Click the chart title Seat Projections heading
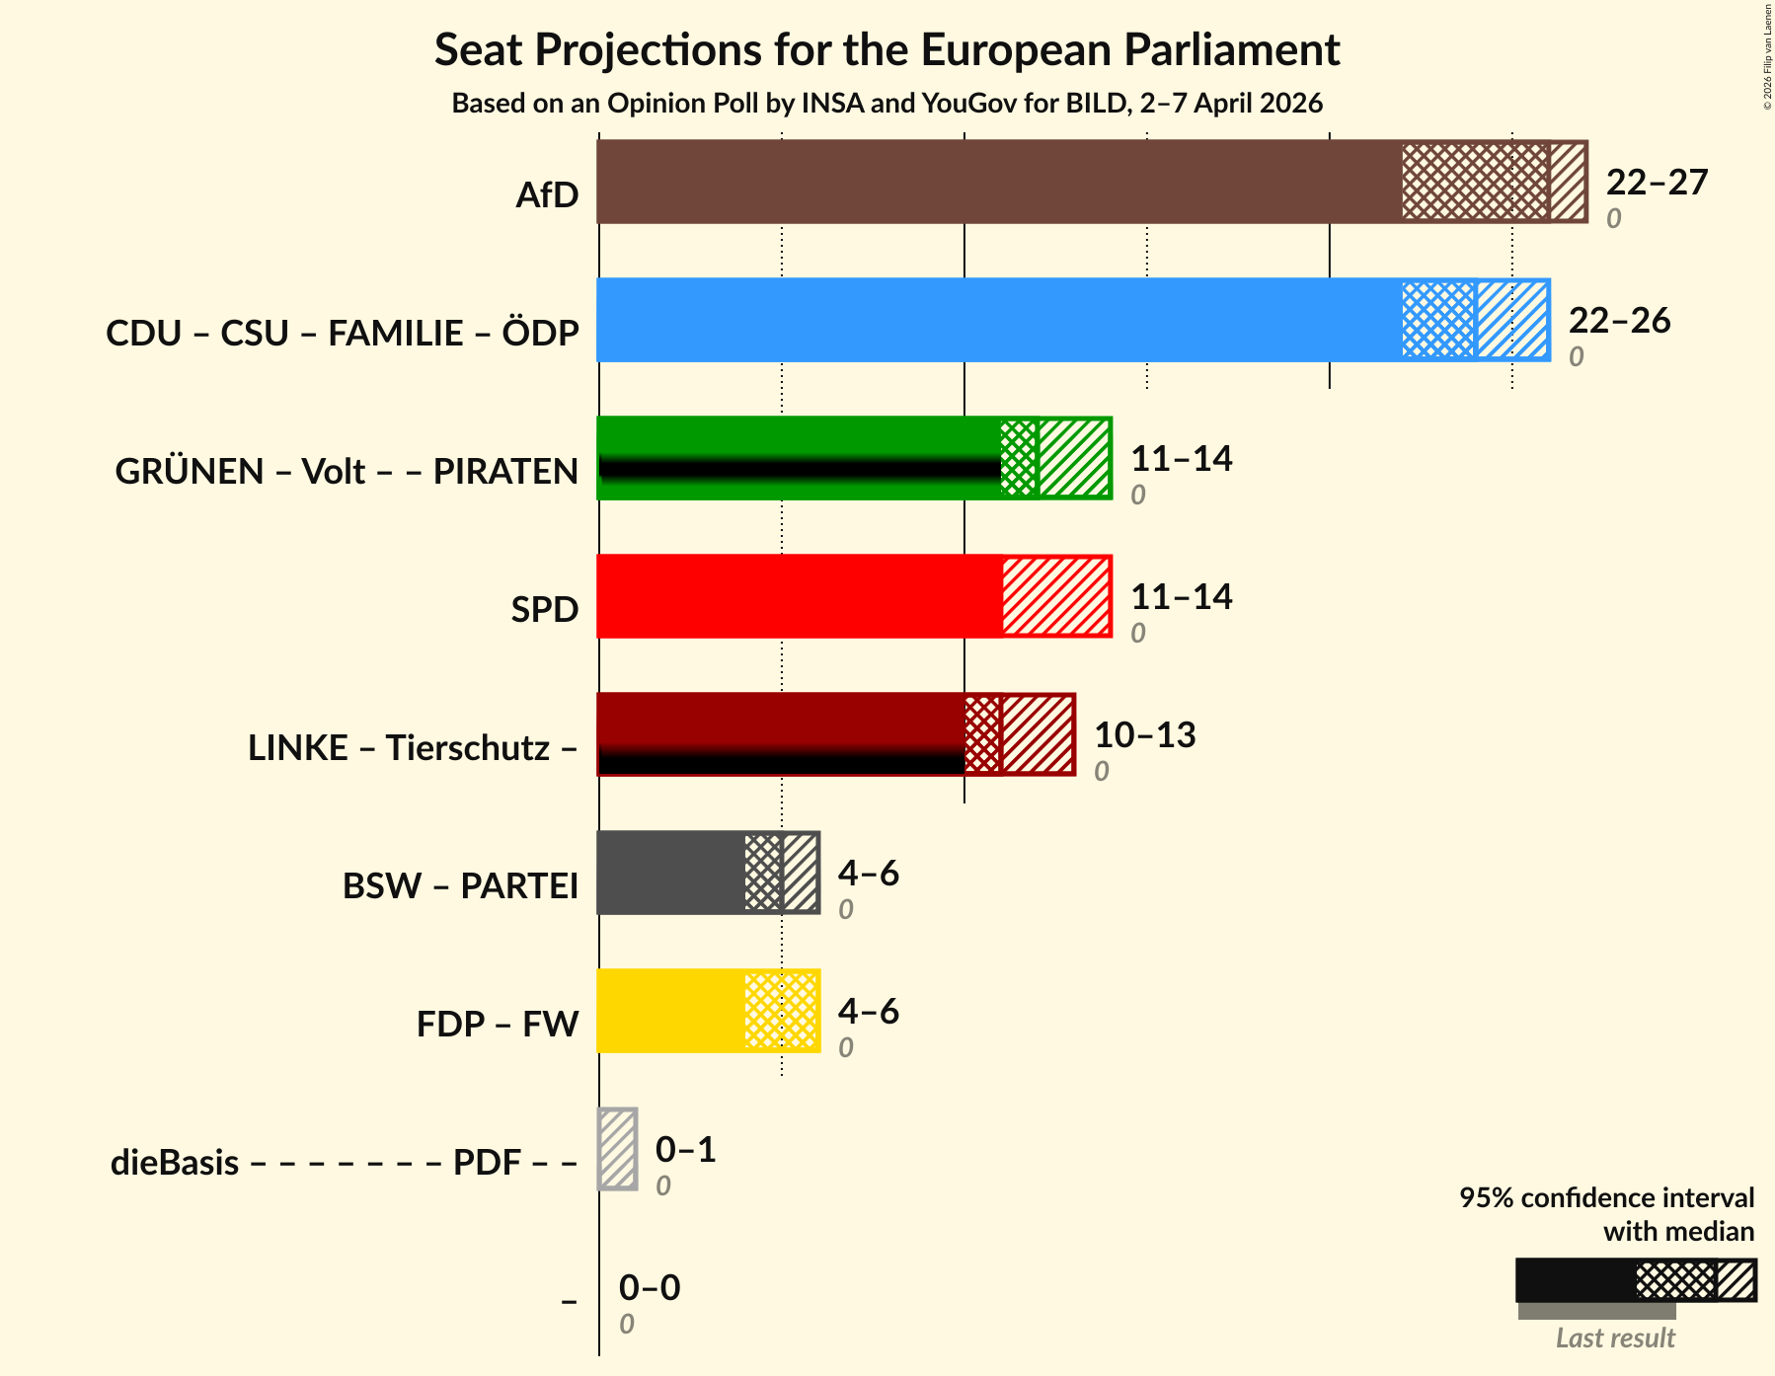[x=887, y=49]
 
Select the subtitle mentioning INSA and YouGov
[x=887, y=104]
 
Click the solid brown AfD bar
[x=997, y=182]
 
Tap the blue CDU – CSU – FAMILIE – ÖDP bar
[x=997, y=320]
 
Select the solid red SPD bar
[x=800, y=596]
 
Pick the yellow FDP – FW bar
[x=671, y=1011]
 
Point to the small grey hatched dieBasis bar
[x=618, y=1149]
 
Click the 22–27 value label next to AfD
[x=1656, y=183]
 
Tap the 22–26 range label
[x=1618, y=321]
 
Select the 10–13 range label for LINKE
[x=1144, y=735]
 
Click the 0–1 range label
[x=685, y=1150]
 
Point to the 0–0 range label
[x=649, y=1288]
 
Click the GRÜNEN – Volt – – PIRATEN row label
[x=347, y=472]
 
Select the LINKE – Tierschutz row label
[x=413, y=748]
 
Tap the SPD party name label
[x=544, y=610]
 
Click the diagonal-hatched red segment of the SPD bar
[x=1056, y=596]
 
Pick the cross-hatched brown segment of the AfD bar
[x=1475, y=182]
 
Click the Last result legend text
[x=1615, y=1338]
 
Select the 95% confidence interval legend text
[x=1606, y=1198]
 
